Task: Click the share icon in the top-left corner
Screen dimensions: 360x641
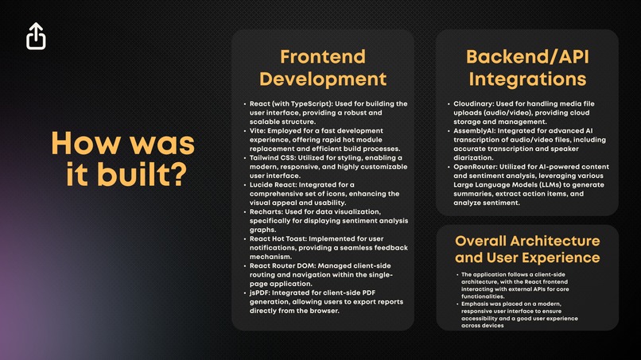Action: tap(36, 36)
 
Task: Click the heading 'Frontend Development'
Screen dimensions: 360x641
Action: tap(323, 68)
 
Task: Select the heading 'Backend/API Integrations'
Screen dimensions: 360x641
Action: tap(526, 68)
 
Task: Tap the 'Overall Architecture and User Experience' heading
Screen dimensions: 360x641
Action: tap(526, 249)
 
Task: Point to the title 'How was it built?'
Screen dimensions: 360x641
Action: tap(122, 159)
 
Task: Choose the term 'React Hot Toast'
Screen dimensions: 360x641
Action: tap(278, 239)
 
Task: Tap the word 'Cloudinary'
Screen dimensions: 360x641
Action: tap(476, 104)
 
